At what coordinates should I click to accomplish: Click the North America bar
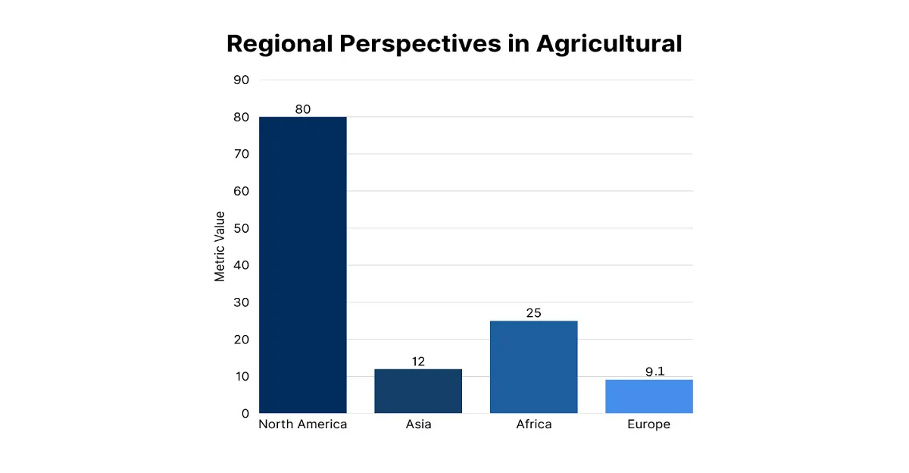[303, 265]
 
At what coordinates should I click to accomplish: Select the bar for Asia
[418, 391]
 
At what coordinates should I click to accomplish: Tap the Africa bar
[533, 367]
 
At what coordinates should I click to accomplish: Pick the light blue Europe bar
[648, 396]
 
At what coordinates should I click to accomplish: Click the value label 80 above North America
[303, 109]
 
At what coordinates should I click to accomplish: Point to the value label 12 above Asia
[418, 362]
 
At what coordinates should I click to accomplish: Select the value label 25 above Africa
[533, 313]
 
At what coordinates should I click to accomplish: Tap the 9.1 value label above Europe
[648, 372]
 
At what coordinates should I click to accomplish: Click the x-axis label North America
[303, 424]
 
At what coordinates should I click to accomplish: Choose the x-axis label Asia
[418, 424]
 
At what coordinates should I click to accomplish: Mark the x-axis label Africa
[533, 424]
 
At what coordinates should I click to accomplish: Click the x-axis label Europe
[648, 424]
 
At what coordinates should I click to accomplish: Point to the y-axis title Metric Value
[220, 246]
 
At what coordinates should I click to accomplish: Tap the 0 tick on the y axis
[245, 414]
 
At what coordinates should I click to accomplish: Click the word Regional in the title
[278, 43]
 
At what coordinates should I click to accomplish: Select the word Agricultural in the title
[609, 43]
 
